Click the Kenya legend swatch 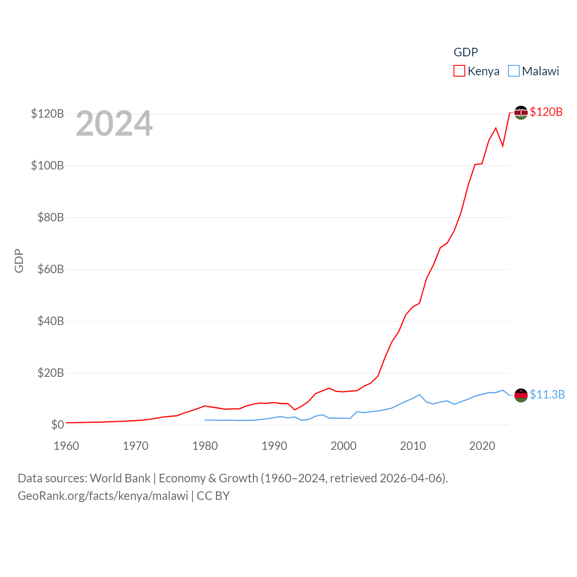point(459,71)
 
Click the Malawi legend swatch point(513,71)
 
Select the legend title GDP point(466,52)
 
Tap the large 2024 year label point(114,124)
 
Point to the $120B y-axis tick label point(47,114)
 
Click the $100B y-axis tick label point(47,165)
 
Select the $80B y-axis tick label point(50,217)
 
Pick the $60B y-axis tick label point(50,269)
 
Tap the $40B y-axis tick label point(50,321)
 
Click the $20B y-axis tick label point(50,373)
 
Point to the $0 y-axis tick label point(57,425)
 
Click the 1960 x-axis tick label point(66,446)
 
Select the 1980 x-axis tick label point(205,446)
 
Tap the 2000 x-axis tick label point(343,446)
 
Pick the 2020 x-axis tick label point(482,446)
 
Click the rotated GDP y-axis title point(19,261)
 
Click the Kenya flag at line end point(521,113)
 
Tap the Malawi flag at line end point(521,395)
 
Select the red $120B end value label point(546,112)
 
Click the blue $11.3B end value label point(547,394)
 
